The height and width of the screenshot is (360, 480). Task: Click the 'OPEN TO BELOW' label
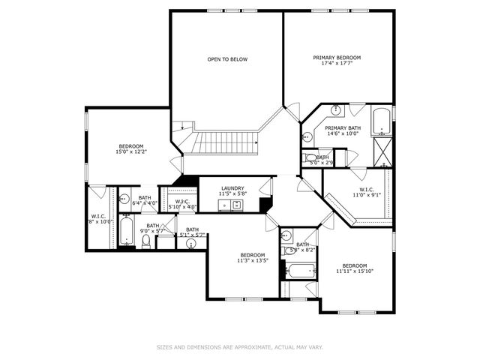tap(227, 59)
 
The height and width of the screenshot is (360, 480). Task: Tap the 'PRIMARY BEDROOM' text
tap(337, 58)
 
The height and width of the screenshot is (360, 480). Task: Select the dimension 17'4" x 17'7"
tap(337, 64)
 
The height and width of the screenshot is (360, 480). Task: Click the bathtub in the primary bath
tap(381, 121)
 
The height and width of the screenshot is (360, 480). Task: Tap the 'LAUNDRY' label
tap(232, 188)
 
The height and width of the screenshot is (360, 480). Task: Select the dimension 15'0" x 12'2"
tap(130, 152)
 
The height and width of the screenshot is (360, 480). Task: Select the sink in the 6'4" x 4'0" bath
tap(124, 199)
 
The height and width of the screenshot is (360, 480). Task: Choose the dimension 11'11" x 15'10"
tap(354, 272)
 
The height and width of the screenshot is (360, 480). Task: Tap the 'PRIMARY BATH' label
tap(343, 128)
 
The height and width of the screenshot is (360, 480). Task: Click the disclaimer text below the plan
tap(240, 347)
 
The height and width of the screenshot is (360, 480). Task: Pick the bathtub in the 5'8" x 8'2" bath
tap(300, 271)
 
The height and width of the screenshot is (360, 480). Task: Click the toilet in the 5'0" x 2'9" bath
tap(311, 158)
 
